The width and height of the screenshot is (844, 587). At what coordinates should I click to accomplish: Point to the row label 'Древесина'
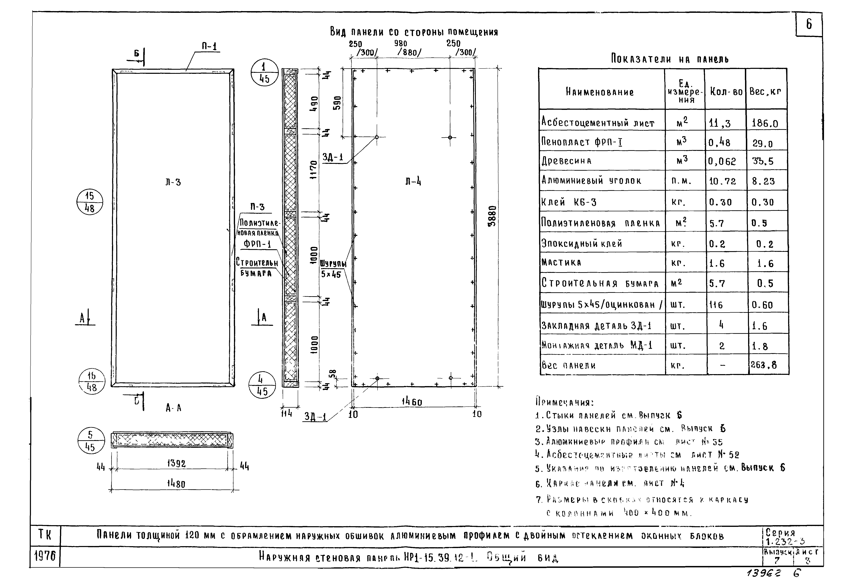(x=566, y=161)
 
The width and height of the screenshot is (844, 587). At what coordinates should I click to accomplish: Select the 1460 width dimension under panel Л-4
(x=412, y=402)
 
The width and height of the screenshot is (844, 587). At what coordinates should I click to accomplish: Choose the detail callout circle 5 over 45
(x=90, y=441)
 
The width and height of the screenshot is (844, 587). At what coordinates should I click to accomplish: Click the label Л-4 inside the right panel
(x=413, y=181)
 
